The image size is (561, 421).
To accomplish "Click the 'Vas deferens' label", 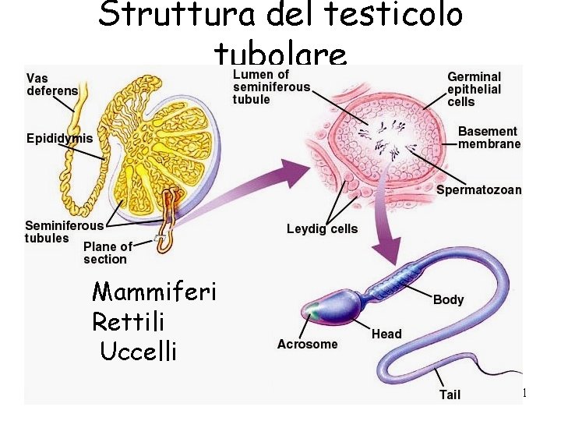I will (x=52, y=84).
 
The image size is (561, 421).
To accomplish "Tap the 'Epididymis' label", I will (x=59, y=139).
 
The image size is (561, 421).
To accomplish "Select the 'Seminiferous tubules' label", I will (x=64, y=232).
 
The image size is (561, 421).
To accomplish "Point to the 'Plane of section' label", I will (x=107, y=253).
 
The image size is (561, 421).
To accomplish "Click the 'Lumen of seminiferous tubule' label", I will (x=271, y=87).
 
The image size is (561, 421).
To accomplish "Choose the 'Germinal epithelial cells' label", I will (x=474, y=89).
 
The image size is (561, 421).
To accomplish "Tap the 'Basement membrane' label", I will (x=489, y=137).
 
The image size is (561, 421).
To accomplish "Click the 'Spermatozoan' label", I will (x=478, y=189).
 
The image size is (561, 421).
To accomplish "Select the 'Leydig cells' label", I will (x=322, y=228).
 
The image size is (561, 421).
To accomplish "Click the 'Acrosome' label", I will (x=307, y=344).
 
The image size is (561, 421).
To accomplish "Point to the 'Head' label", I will (x=386, y=334).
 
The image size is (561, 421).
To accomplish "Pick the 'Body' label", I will (x=448, y=299).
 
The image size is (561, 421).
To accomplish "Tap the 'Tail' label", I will (x=450, y=394).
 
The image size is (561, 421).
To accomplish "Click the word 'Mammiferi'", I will (x=154, y=292).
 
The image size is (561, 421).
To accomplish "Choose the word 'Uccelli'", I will (x=139, y=351).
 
